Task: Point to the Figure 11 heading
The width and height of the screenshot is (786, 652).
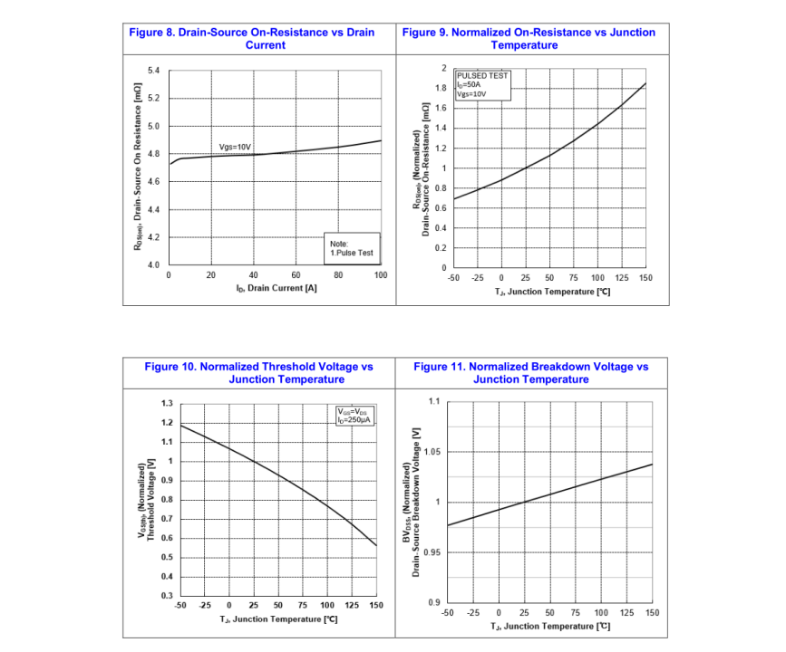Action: point(531,373)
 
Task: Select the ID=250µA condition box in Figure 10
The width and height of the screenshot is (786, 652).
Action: point(354,416)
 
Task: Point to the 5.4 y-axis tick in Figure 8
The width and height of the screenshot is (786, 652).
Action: point(152,71)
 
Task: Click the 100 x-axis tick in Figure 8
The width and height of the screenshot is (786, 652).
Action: point(380,274)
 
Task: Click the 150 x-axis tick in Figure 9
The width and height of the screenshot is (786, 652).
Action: point(645,278)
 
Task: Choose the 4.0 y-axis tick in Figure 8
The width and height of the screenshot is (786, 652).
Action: point(152,264)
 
